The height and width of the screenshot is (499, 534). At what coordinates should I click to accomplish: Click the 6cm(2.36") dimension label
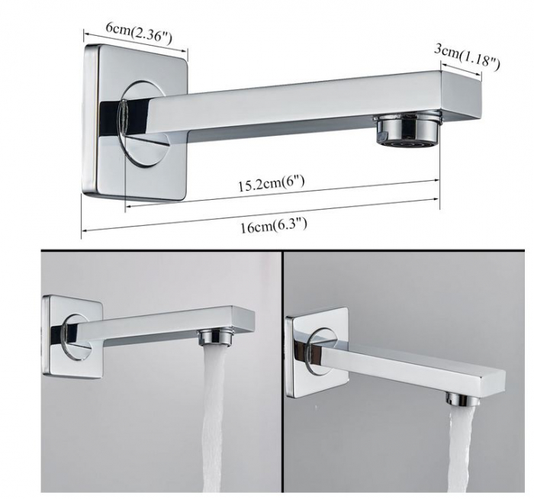139,33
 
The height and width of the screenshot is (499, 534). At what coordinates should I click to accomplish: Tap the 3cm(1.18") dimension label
467,57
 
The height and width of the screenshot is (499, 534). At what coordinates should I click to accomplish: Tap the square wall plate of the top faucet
135,122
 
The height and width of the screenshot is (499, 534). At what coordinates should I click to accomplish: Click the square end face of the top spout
462,95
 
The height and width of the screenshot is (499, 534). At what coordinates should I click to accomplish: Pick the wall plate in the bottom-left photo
72,337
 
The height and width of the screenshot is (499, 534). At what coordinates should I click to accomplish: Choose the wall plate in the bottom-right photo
317,353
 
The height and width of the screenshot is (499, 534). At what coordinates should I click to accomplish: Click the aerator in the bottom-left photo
216,336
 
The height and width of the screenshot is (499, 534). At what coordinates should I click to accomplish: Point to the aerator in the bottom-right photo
459,398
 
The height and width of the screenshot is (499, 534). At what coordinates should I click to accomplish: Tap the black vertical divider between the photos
282,371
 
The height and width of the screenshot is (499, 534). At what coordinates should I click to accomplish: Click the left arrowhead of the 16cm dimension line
85,230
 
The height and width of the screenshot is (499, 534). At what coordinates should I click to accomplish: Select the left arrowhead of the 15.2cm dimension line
129,206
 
